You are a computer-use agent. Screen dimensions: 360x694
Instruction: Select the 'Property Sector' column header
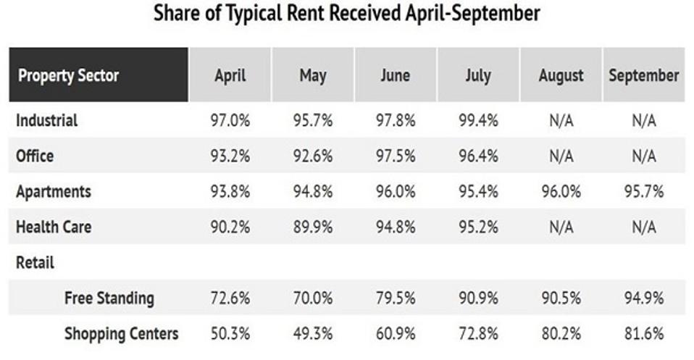click(x=69, y=75)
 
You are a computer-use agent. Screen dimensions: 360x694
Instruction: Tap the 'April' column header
click(x=230, y=75)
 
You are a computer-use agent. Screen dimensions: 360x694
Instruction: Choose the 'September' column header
click(x=643, y=75)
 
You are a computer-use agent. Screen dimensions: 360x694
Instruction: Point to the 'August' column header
click(x=561, y=75)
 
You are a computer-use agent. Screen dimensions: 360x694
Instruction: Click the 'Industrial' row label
click(x=46, y=120)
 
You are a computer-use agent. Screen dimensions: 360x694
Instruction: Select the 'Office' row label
click(x=35, y=156)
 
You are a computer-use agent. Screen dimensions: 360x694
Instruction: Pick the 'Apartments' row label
click(x=54, y=191)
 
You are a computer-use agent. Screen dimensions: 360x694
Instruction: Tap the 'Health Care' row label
click(x=54, y=227)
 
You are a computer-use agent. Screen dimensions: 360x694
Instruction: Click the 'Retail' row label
click(x=35, y=262)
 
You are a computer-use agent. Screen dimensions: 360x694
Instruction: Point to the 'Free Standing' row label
click(x=109, y=298)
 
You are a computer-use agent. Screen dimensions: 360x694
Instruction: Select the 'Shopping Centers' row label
click(x=121, y=333)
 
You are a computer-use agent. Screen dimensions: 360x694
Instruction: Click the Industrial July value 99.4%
click(x=477, y=120)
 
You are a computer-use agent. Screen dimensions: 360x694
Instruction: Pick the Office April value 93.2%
click(x=230, y=156)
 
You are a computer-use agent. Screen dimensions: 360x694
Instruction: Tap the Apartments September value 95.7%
click(x=643, y=191)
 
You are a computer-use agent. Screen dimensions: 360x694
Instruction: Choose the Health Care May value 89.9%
click(x=312, y=227)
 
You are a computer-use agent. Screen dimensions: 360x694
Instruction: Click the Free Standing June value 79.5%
click(x=395, y=298)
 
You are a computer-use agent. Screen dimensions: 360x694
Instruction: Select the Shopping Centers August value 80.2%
click(x=561, y=333)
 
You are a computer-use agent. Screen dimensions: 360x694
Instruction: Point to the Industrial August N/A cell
click(x=561, y=120)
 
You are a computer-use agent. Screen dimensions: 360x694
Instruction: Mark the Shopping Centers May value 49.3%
click(x=312, y=333)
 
